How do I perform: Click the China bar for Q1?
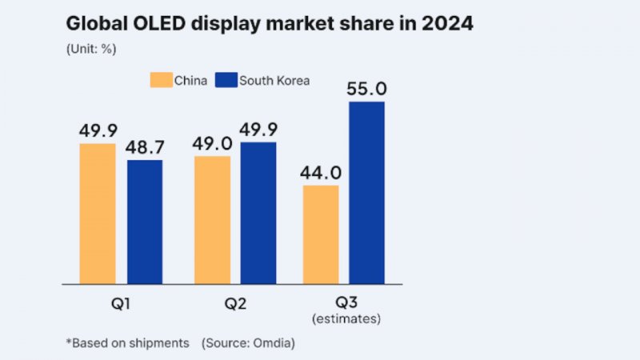98,214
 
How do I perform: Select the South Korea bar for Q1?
144,222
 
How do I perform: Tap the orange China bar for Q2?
212,220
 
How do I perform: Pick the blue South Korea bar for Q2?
258,213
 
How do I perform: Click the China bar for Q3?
320,234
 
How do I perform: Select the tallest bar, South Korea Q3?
366,193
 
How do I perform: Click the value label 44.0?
320,172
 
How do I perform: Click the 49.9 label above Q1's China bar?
98,130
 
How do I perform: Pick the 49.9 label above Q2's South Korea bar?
258,130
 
